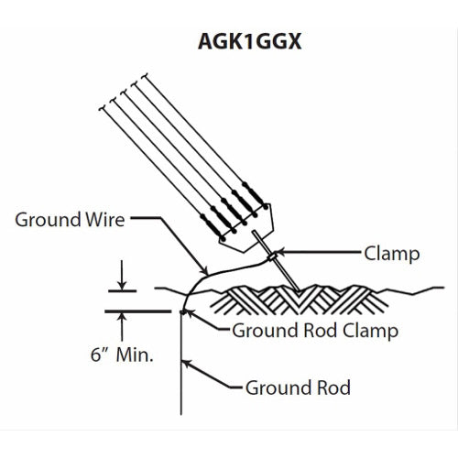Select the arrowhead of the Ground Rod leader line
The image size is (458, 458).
pos(189,365)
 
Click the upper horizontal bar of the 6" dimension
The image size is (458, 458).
pos(124,288)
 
